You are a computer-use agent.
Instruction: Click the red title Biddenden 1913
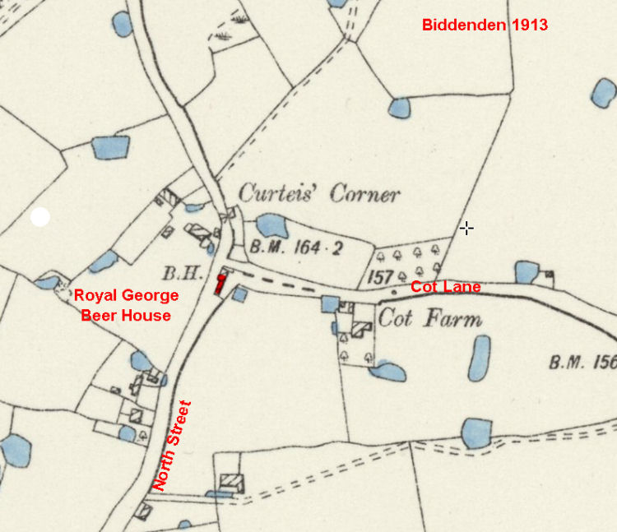click(x=485, y=25)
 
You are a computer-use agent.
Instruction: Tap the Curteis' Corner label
click(x=319, y=194)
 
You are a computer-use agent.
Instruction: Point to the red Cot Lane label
click(x=445, y=287)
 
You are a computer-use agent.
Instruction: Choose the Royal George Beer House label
click(x=126, y=305)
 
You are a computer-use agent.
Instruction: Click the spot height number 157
click(x=379, y=277)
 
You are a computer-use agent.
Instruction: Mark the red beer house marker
click(x=220, y=285)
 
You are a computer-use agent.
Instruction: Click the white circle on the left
click(x=39, y=217)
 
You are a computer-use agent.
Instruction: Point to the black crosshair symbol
click(x=466, y=228)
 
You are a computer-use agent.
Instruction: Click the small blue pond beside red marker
click(x=239, y=294)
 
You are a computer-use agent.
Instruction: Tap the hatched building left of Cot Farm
click(x=361, y=329)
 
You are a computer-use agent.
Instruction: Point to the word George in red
click(x=149, y=296)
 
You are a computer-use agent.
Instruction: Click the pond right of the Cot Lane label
click(x=525, y=271)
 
